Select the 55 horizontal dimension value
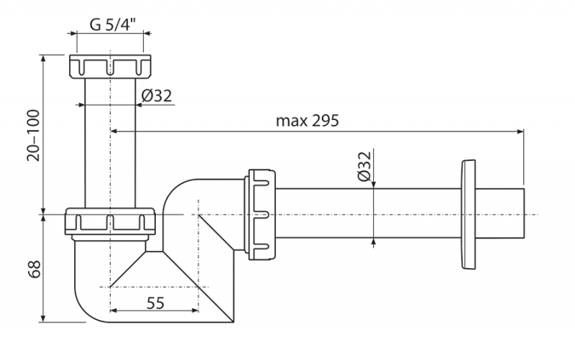155,303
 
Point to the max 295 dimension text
307,120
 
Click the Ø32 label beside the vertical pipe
156,95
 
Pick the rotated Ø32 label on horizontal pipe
363,167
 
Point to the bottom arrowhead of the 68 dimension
45,318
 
